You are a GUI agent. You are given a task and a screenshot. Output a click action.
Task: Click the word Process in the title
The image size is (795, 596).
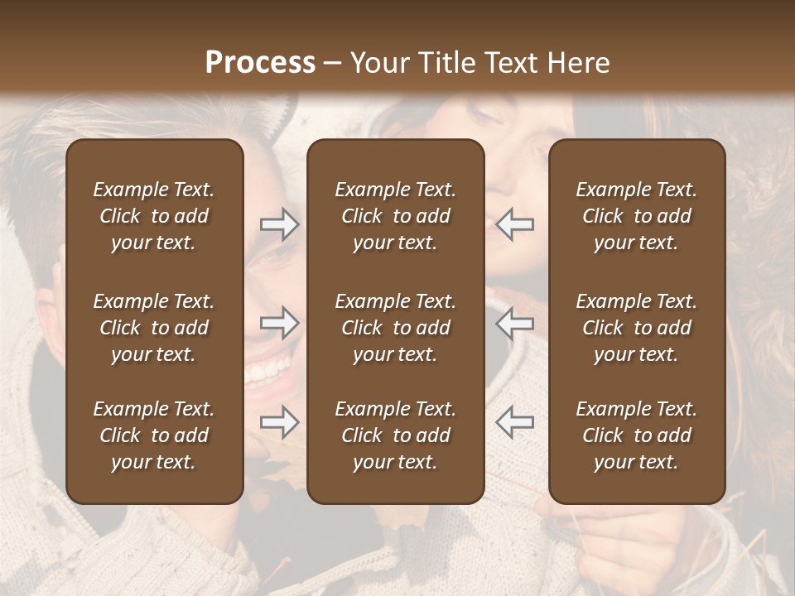click(260, 63)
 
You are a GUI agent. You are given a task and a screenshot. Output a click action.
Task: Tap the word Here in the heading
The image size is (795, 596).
click(577, 63)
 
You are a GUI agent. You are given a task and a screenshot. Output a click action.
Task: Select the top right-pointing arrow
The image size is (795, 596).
click(279, 224)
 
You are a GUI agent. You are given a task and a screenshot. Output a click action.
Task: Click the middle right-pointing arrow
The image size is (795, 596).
click(279, 323)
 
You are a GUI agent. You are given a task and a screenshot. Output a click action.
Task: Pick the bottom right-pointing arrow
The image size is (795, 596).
click(279, 422)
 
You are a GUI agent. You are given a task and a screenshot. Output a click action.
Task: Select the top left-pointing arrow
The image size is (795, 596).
click(514, 224)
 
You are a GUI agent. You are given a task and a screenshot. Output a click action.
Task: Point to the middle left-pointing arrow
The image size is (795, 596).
click(514, 323)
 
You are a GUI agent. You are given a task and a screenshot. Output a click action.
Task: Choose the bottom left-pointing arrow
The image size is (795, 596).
click(514, 422)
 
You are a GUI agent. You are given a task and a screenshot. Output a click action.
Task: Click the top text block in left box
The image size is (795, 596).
click(154, 216)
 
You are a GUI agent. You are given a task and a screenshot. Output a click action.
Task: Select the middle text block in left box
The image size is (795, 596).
click(154, 328)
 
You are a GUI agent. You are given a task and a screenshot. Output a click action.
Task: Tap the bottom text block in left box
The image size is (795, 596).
click(154, 435)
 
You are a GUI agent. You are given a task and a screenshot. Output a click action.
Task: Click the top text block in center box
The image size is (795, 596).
click(396, 216)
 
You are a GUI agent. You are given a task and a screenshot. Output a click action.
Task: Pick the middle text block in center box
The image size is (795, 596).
click(396, 328)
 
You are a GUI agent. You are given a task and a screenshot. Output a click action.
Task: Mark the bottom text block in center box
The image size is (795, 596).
click(396, 435)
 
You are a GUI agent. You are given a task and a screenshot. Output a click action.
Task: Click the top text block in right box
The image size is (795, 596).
click(637, 216)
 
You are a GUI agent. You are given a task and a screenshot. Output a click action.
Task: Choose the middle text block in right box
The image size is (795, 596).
click(637, 328)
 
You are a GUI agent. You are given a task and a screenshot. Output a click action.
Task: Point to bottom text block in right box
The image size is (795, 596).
click(637, 435)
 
